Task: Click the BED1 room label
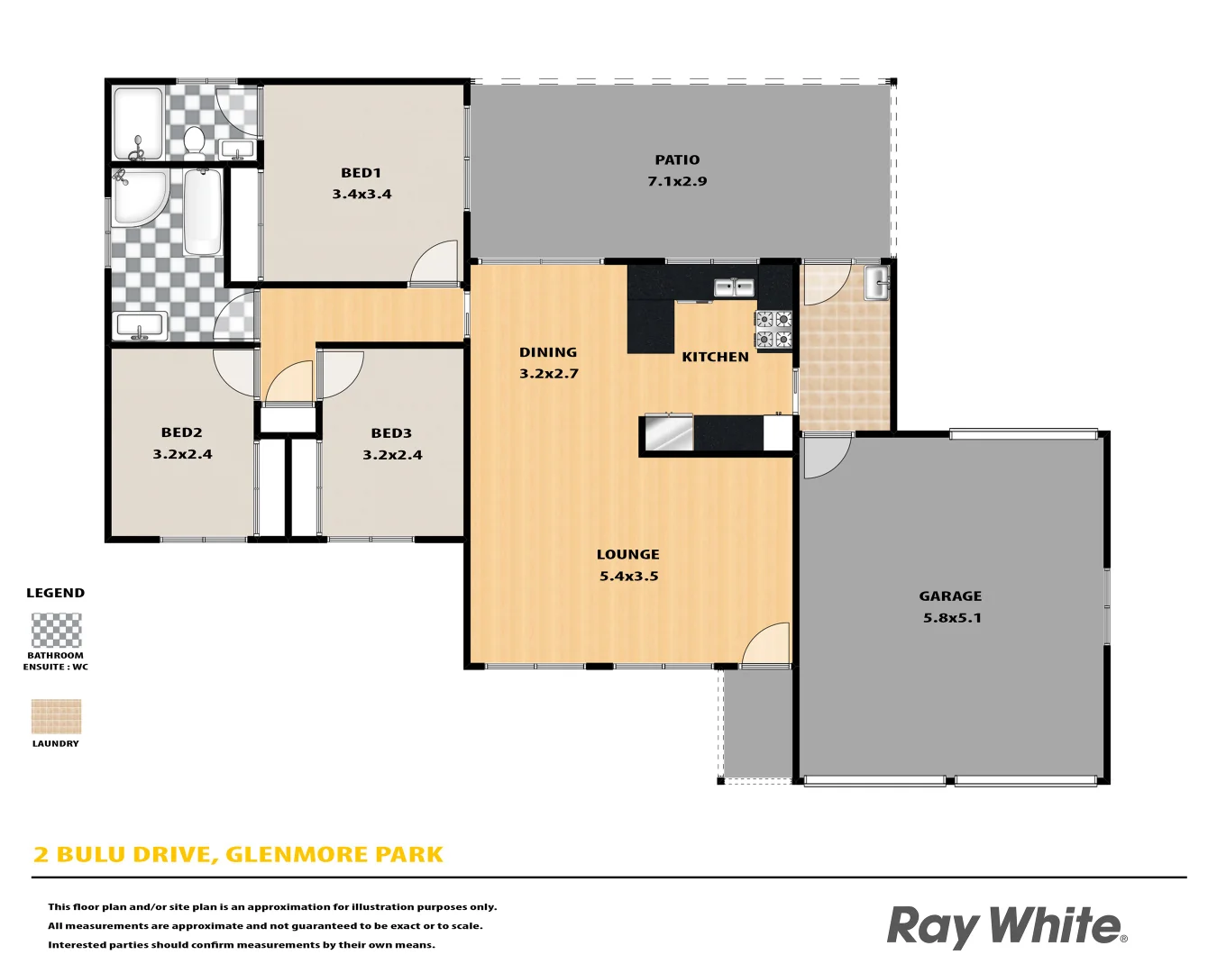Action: (x=361, y=173)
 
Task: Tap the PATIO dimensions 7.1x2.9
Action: (x=677, y=181)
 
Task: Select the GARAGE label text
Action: (x=950, y=596)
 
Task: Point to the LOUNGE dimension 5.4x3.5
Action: (x=628, y=577)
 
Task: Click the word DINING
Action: (x=548, y=352)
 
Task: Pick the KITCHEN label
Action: (x=715, y=357)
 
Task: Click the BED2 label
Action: (x=182, y=432)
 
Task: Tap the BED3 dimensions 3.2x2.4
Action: (x=392, y=455)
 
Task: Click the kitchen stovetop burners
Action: (x=773, y=329)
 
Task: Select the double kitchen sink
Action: (x=734, y=287)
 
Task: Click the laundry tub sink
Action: (x=876, y=283)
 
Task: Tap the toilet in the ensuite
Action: (x=194, y=141)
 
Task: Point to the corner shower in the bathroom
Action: (x=137, y=196)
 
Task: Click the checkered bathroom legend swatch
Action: (x=56, y=631)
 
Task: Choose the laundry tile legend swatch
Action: (x=56, y=717)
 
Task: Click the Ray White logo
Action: (x=1006, y=926)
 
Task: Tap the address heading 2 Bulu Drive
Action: (x=238, y=854)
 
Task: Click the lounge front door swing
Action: (x=767, y=645)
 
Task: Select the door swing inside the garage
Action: (x=824, y=456)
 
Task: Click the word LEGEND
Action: (x=55, y=593)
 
